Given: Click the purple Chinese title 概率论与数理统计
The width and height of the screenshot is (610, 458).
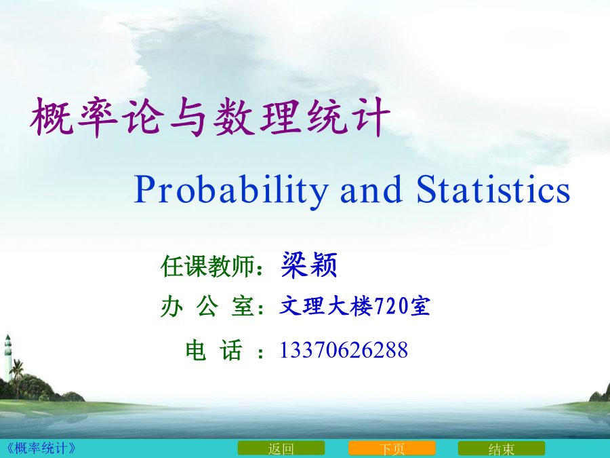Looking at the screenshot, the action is pyautogui.click(x=210, y=117).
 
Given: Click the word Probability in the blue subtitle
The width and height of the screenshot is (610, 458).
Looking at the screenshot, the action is pyautogui.click(x=231, y=191).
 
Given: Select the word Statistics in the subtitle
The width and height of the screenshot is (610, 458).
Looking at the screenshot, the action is pyautogui.click(x=493, y=189).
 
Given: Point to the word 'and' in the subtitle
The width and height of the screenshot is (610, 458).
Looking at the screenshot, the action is pyautogui.click(x=371, y=189).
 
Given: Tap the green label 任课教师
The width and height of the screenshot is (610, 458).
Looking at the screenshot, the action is pyautogui.click(x=209, y=267).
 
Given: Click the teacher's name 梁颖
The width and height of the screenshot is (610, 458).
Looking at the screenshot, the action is pyautogui.click(x=309, y=265).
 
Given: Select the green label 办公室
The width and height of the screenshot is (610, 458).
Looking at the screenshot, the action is pyautogui.click(x=209, y=307).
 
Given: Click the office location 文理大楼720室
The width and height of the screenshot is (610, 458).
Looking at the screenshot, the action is pyautogui.click(x=354, y=306).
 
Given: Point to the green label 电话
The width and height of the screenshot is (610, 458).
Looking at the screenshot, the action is pyautogui.click(x=214, y=349).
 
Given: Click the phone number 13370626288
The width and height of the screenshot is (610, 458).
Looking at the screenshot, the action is pyautogui.click(x=344, y=349).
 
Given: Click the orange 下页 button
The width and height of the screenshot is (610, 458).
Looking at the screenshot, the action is pyautogui.click(x=392, y=449).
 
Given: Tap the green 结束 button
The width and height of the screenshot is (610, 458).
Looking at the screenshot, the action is pyautogui.click(x=502, y=449).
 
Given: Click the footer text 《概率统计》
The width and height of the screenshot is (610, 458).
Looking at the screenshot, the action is pyautogui.click(x=41, y=449).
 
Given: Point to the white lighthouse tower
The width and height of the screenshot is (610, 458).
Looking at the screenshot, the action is pyautogui.click(x=7, y=358).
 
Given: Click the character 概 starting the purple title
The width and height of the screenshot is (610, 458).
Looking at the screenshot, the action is pyautogui.click(x=52, y=117).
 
